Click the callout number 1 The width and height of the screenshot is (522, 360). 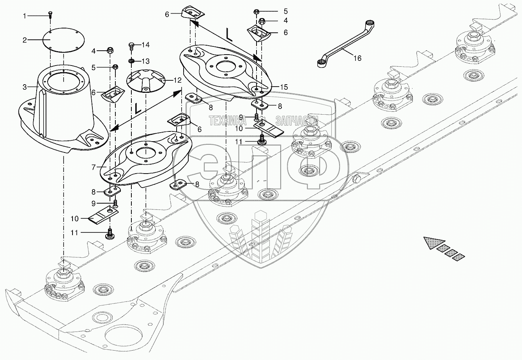point(25,16)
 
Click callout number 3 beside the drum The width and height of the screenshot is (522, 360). point(25,87)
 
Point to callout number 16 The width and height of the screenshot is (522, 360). point(357,59)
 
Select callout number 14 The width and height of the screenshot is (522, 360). point(145,45)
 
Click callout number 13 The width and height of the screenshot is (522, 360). point(145,61)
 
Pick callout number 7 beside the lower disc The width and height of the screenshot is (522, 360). point(94,167)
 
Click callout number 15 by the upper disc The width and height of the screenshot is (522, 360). point(283,87)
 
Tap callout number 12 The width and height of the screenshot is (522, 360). point(178,80)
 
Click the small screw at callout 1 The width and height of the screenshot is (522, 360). point(50,14)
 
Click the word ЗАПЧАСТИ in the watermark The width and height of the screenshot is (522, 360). point(297,121)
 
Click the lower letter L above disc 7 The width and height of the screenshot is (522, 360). point(137,109)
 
